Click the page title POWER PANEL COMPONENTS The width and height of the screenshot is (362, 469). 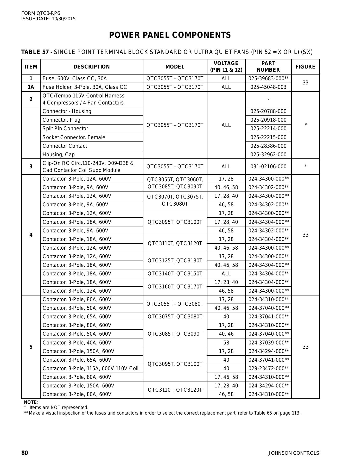(x=170, y=35)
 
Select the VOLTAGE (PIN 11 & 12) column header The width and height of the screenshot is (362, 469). (x=226, y=67)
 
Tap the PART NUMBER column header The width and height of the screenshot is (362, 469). (x=268, y=67)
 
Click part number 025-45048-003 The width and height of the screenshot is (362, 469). (x=268, y=87)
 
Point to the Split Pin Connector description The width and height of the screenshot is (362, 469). (x=65, y=128)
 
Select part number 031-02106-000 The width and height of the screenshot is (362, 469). (x=268, y=166)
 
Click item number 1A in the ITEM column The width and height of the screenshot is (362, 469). (x=31, y=87)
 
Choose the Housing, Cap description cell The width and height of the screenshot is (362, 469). (x=59, y=155)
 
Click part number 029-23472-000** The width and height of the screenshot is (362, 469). (x=268, y=368)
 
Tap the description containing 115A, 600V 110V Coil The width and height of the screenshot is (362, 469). (x=90, y=368)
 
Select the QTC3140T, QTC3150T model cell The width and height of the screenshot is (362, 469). (x=175, y=274)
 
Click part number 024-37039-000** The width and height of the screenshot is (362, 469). (x=268, y=343)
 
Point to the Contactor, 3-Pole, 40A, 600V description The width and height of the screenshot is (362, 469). (x=77, y=343)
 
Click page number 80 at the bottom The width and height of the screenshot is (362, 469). (x=24, y=453)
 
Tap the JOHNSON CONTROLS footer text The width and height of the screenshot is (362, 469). (x=294, y=453)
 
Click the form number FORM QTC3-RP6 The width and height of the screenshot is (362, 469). (x=39, y=13)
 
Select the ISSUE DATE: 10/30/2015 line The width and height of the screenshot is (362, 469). (x=48, y=19)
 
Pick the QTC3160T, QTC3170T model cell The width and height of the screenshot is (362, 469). (x=175, y=287)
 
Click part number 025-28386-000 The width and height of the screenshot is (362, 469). (x=268, y=146)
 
